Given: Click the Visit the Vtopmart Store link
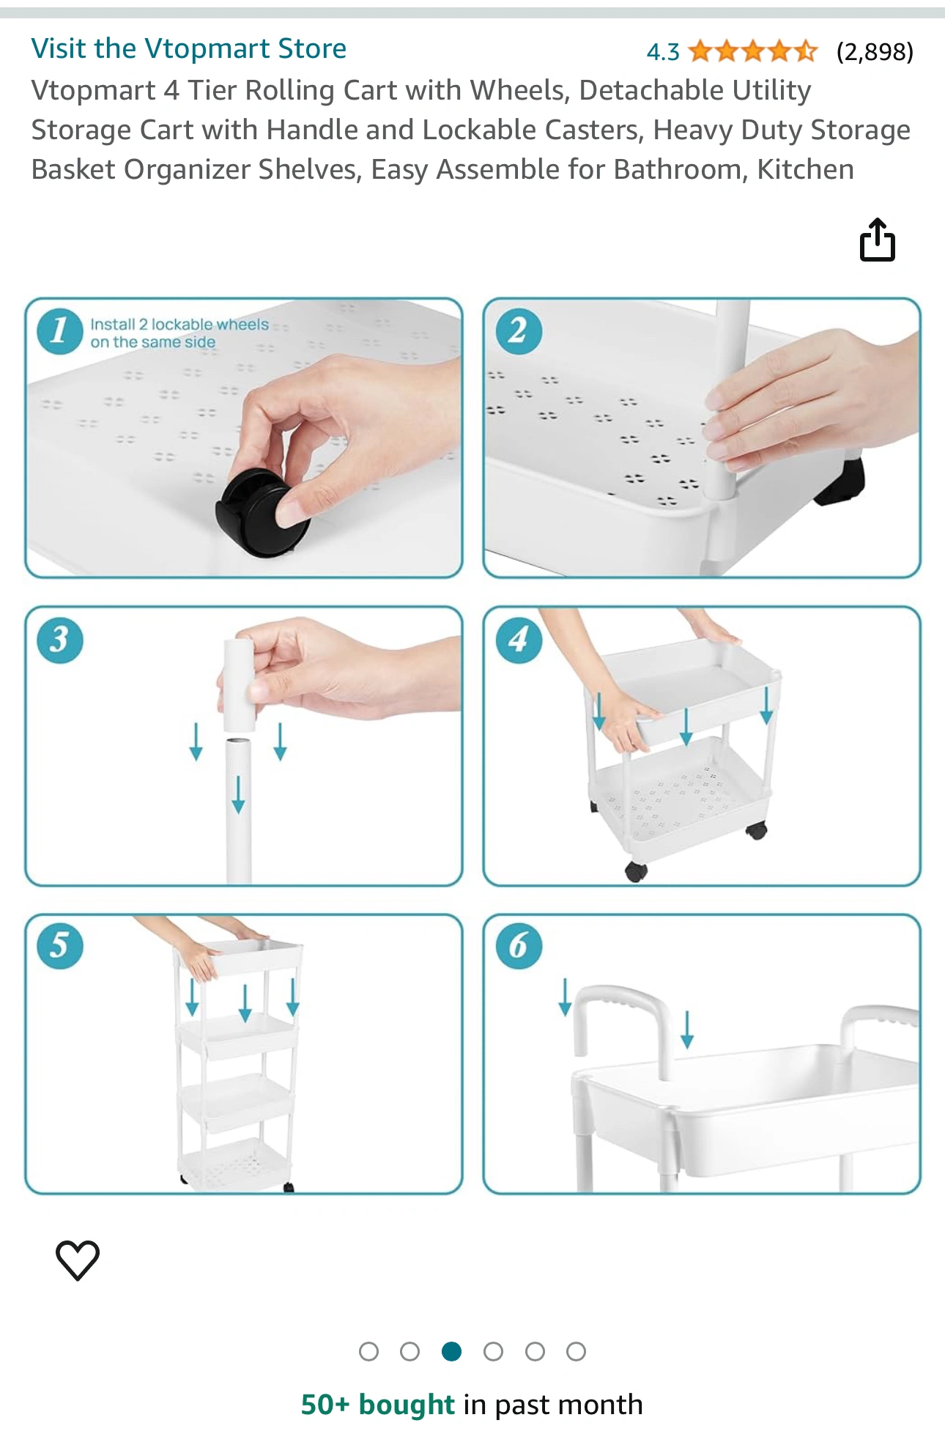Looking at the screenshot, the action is point(188,49).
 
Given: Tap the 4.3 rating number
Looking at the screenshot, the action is point(663,52).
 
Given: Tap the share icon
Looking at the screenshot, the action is point(877,239).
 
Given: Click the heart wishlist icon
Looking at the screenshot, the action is point(78,1260).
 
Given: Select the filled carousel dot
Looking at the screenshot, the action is point(451,1351).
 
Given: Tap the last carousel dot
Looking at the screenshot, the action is point(577,1351).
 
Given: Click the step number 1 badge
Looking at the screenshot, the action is point(59,331).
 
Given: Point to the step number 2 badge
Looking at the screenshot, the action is point(519,331).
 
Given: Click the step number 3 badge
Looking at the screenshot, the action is point(59,640).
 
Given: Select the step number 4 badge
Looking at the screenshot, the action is point(519,640).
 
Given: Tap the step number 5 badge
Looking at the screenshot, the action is point(59,946).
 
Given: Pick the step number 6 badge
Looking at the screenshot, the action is point(519,946).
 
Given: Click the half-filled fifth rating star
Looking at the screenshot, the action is point(805,51).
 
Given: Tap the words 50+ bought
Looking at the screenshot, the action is point(378,1405).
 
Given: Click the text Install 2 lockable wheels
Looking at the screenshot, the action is point(179,325).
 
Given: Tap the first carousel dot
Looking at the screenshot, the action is point(368,1351).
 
